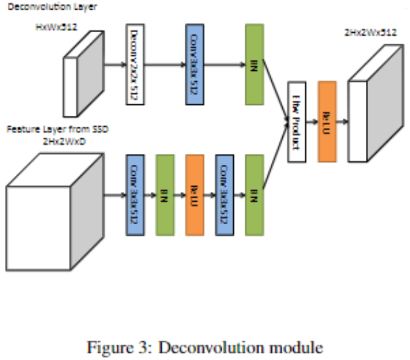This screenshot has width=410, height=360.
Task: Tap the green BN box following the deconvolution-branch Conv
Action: [254, 64]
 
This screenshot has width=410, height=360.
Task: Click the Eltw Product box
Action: [296, 122]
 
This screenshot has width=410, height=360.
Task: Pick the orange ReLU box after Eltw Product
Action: [326, 121]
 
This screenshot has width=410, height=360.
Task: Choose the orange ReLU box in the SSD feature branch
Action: [195, 195]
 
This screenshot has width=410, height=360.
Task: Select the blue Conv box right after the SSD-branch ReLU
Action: [224, 195]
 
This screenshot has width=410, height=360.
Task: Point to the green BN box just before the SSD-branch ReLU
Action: [165, 195]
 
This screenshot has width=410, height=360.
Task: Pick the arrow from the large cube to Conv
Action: [114, 195]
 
